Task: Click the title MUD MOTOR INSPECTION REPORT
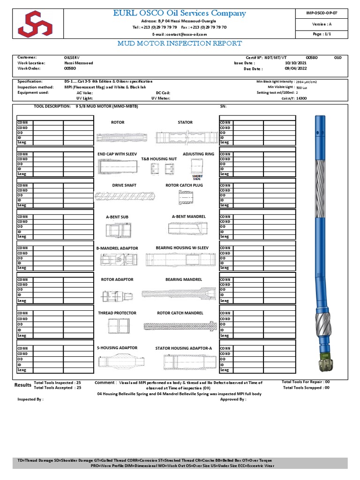tap(180, 44)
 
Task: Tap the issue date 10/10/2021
tap(295, 63)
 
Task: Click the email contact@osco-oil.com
tap(180, 35)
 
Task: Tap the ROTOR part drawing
tap(118, 137)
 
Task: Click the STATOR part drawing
tap(185, 137)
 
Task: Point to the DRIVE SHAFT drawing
tap(124, 196)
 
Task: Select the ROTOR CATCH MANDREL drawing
tap(180, 325)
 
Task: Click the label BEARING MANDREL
tap(184, 279)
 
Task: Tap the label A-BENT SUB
tap(117, 217)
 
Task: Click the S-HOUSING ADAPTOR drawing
tap(117, 361)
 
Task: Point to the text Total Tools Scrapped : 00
tap(305, 388)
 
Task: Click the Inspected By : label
tap(30, 399)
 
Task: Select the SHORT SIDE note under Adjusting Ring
tap(197, 178)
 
